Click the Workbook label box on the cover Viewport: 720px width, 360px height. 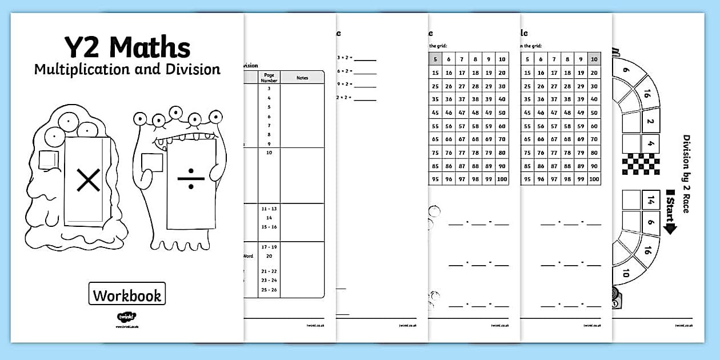(127, 295)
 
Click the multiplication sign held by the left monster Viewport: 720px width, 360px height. (88, 181)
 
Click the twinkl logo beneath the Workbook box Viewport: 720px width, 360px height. (125, 316)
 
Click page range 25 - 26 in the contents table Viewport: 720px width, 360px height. (269, 290)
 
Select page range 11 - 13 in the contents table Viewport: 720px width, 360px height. (269, 209)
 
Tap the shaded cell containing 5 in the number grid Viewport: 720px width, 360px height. (436, 59)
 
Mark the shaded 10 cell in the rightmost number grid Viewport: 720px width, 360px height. (594, 59)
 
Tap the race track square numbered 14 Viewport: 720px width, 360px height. (650, 201)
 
